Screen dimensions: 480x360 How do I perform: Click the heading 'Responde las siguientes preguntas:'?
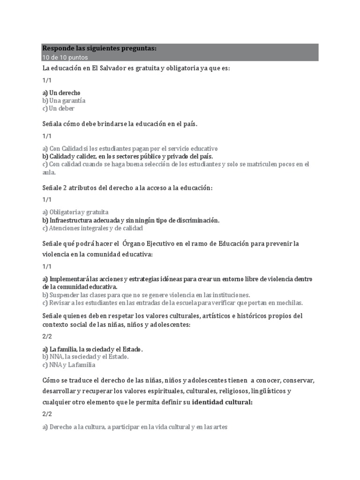click(x=99, y=48)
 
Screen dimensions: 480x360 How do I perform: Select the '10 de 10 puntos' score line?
click(x=65, y=57)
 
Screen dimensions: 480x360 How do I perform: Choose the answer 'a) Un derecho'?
click(x=61, y=92)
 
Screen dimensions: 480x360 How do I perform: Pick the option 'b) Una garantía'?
click(x=64, y=100)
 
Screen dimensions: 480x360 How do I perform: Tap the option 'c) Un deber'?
click(x=58, y=108)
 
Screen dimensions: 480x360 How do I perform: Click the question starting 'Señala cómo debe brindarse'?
click(x=120, y=124)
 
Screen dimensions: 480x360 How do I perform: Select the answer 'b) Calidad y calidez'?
click(x=127, y=156)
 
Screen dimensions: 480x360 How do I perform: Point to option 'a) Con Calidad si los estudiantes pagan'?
click(x=130, y=148)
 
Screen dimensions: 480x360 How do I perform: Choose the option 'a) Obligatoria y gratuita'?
click(x=75, y=212)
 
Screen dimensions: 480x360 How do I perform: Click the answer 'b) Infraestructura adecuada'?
click(x=131, y=220)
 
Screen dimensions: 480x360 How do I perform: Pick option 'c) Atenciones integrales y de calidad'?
click(x=92, y=228)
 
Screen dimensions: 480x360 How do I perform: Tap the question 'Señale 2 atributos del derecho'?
click(x=127, y=187)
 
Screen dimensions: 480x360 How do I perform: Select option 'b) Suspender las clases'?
click(x=146, y=295)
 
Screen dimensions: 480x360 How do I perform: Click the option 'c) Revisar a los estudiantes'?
click(x=172, y=303)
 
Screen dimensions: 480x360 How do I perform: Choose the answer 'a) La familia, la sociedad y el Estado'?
click(x=92, y=349)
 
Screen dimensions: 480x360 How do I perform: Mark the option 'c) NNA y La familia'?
click(x=68, y=365)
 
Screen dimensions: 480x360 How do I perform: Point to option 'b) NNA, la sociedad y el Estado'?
click(x=85, y=357)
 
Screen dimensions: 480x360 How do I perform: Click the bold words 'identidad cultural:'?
click(x=222, y=402)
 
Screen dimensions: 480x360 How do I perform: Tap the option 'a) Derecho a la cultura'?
click(x=135, y=427)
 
